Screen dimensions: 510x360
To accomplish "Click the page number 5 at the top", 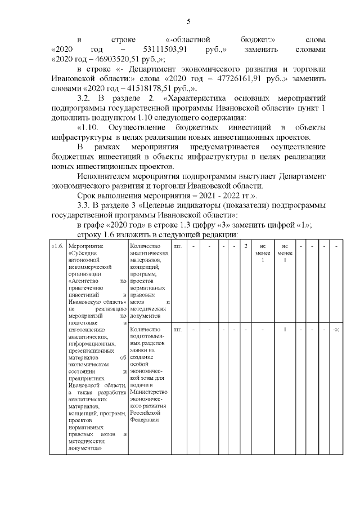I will pos(188,21).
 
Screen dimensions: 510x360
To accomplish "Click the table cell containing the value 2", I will pos(246,246).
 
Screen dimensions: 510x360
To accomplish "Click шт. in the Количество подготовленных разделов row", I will pos(177,329).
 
